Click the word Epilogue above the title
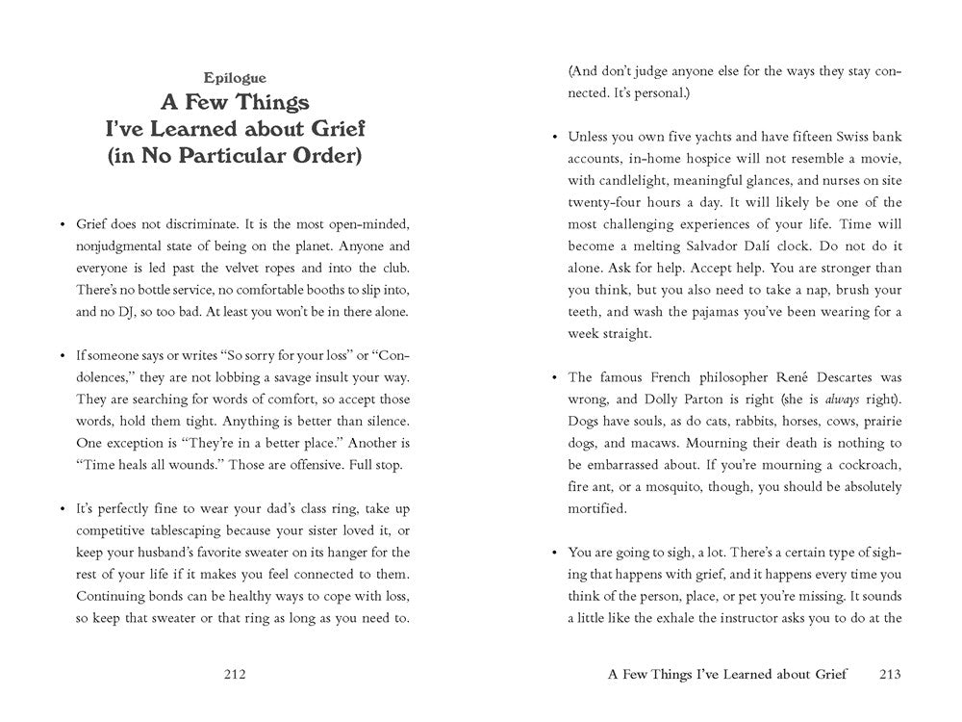(x=236, y=79)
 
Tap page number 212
(x=235, y=675)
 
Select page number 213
(x=890, y=675)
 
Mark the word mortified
(x=596, y=509)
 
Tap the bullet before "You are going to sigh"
(x=556, y=554)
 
